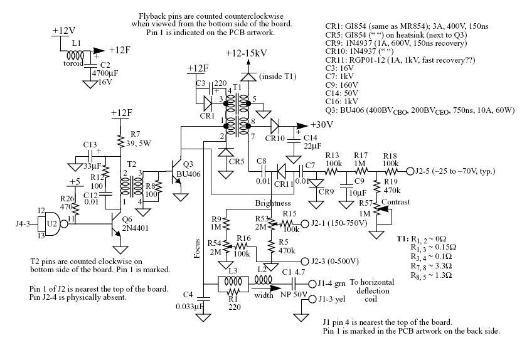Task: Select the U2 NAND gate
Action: coord(52,223)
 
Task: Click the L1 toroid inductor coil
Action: coord(75,54)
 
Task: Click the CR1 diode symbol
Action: coord(208,104)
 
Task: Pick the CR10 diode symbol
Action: coord(275,126)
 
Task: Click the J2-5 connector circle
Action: coord(410,172)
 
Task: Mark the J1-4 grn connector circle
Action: coord(312,284)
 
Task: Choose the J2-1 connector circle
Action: coord(304,223)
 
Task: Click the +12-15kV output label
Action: coord(247,53)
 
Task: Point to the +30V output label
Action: coord(322,125)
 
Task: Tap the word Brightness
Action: coord(273,203)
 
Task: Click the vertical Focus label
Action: coord(198,249)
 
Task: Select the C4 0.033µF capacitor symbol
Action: coord(204,299)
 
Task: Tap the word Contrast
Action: coord(396,202)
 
